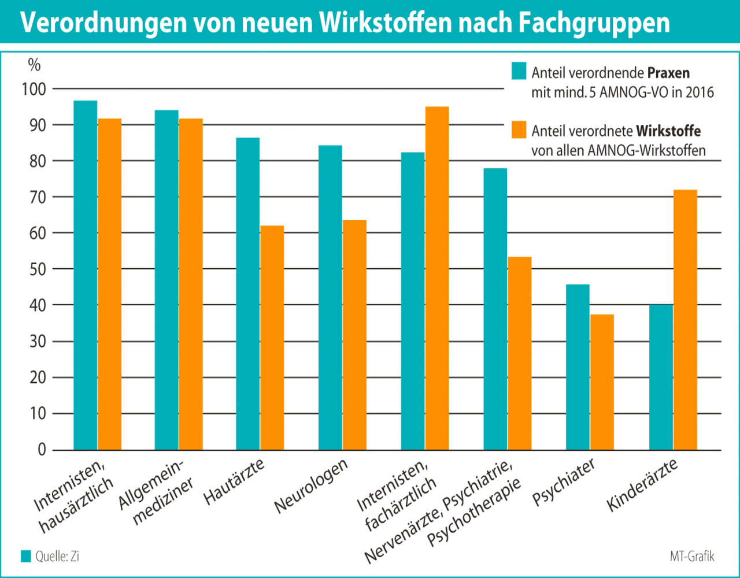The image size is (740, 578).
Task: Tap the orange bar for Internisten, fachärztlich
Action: point(437,278)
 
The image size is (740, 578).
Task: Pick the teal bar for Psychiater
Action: point(578,367)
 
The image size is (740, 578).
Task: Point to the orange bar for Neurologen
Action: point(354,335)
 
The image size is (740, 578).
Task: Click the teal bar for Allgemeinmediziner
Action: point(166,280)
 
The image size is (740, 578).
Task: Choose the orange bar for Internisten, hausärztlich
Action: point(110,284)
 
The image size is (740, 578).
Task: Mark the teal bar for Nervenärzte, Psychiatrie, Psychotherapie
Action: point(495,309)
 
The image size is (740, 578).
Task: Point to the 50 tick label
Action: point(38,269)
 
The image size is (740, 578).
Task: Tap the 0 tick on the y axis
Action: point(42,450)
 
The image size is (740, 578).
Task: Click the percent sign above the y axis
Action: point(35,65)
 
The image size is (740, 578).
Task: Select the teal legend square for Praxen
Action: point(519,72)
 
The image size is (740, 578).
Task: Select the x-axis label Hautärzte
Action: point(234,481)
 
